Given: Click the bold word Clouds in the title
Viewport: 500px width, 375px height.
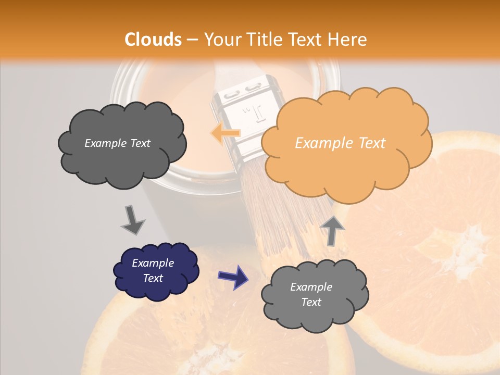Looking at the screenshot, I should click(154, 40).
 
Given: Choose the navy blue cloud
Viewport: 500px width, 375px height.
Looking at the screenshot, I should click(156, 271).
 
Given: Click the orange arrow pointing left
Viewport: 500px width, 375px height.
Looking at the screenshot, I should click(225, 133).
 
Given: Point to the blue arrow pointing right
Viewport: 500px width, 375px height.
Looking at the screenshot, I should click(233, 277).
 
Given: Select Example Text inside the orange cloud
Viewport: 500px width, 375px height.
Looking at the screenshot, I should click(340, 143).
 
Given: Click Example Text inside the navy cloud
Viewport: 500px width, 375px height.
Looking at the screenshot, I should click(153, 270).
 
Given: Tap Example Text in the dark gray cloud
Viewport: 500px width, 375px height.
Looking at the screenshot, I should click(117, 143).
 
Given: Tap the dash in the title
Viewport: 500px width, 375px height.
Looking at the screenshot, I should click(192, 40).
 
